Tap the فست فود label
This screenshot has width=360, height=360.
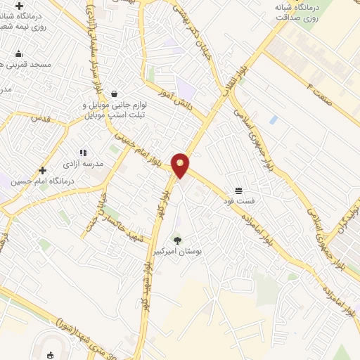click(238, 201)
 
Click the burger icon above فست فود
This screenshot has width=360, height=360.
click(238, 191)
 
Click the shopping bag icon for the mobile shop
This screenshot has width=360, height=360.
click(114, 94)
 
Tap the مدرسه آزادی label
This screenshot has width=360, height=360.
click(84, 163)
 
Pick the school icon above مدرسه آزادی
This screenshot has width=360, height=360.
click(83, 152)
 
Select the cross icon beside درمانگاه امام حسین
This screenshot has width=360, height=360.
click(43, 170)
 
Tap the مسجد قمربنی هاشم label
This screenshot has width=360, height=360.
click(29, 64)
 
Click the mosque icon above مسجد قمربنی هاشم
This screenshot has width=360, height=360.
click(19, 54)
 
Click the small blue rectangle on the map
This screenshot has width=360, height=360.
click(273, 120)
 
